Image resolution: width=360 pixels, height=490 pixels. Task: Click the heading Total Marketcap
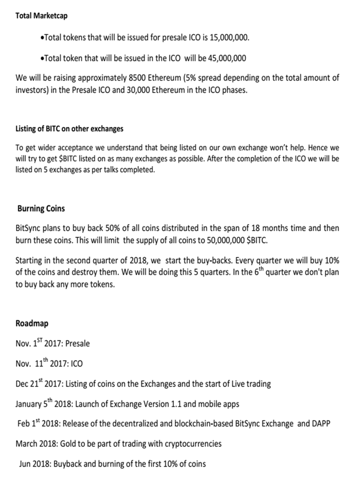pyautogui.click(x=42, y=16)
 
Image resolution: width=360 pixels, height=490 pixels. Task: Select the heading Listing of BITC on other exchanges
pyautogui.click(x=69, y=129)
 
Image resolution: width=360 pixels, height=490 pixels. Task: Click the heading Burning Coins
pyautogui.click(x=42, y=208)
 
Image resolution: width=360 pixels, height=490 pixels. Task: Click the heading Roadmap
pyautogui.click(x=33, y=323)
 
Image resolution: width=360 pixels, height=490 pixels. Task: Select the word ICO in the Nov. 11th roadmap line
pyautogui.click(x=76, y=364)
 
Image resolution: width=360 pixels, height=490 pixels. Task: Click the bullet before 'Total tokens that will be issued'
pyautogui.click(x=42, y=38)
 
